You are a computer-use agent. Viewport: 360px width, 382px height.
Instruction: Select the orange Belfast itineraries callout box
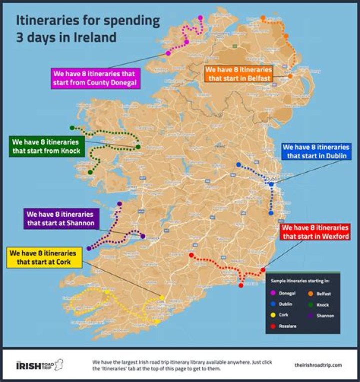pyautogui.click(x=238, y=74)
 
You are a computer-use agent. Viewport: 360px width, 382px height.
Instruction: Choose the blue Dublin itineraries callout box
pyautogui.click(x=315, y=151)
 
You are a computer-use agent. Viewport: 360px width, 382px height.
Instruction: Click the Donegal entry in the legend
pyautogui.click(x=282, y=293)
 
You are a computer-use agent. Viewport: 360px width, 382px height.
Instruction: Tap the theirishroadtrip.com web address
pyautogui.click(x=318, y=365)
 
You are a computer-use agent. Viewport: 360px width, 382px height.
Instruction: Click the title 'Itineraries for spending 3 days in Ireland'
pyautogui.click(x=88, y=29)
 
